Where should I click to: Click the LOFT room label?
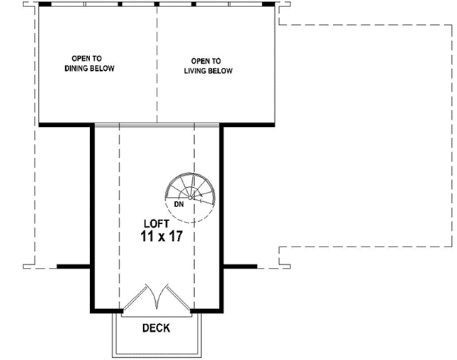(x=157, y=223)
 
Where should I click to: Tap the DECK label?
(x=157, y=328)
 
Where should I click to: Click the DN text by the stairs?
(x=179, y=206)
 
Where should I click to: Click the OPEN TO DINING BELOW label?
(x=89, y=64)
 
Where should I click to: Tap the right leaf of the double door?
(x=174, y=298)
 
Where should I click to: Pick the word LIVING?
(x=200, y=71)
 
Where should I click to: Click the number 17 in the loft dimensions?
(x=176, y=237)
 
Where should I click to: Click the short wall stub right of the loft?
(x=239, y=266)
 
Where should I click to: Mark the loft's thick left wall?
(x=91, y=213)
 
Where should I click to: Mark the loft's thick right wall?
(x=222, y=213)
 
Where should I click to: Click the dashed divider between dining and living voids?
(x=157, y=64)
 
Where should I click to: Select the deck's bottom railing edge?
(x=157, y=355)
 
